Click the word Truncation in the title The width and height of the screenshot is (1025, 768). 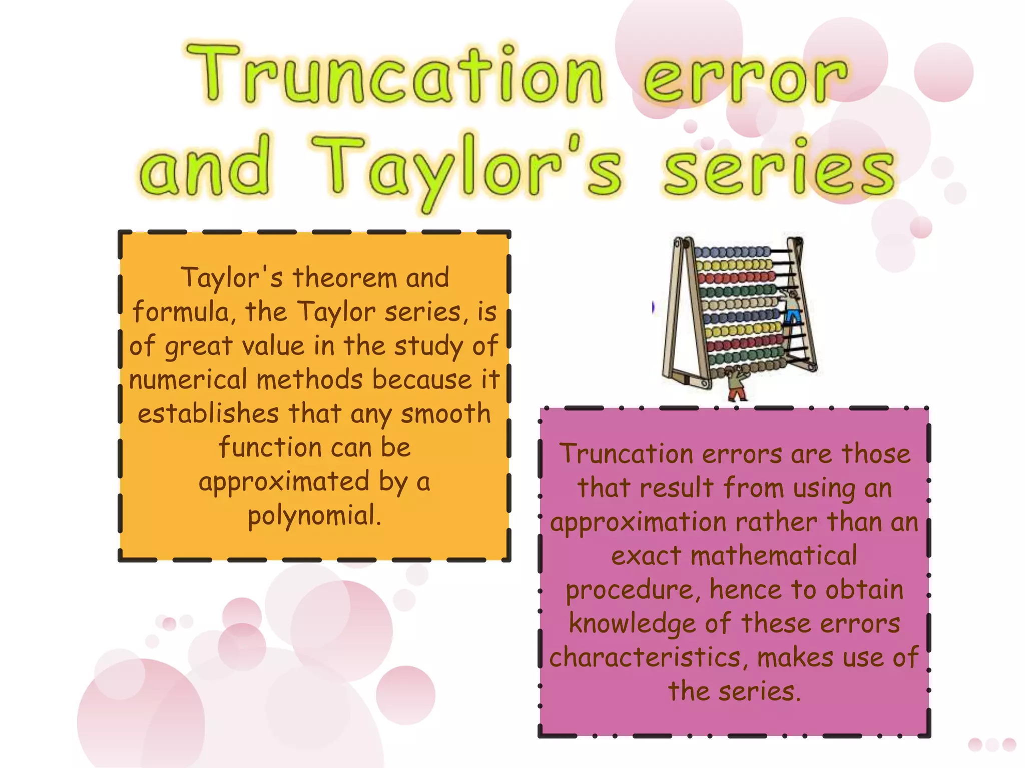pyautogui.click(x=395, y=75)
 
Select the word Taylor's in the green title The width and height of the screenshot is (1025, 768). pyautogui.click(x=468, y=167)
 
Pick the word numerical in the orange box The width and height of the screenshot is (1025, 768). pyautogui.click(x=188, y=380)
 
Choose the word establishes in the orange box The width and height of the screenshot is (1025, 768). pyautogui.click(x=208, y=414)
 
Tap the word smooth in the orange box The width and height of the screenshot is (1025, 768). pyautogui.click(x=445, y=414)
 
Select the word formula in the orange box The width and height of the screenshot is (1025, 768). pyautogui.click(x=180, y=312)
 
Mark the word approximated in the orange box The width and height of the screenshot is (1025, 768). pyautogui.click(x=284, y=482)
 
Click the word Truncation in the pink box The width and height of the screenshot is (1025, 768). pyautogui.click(x=626, y=454)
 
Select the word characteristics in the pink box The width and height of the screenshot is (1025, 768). pyautogui.click(x=645, y=658)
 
